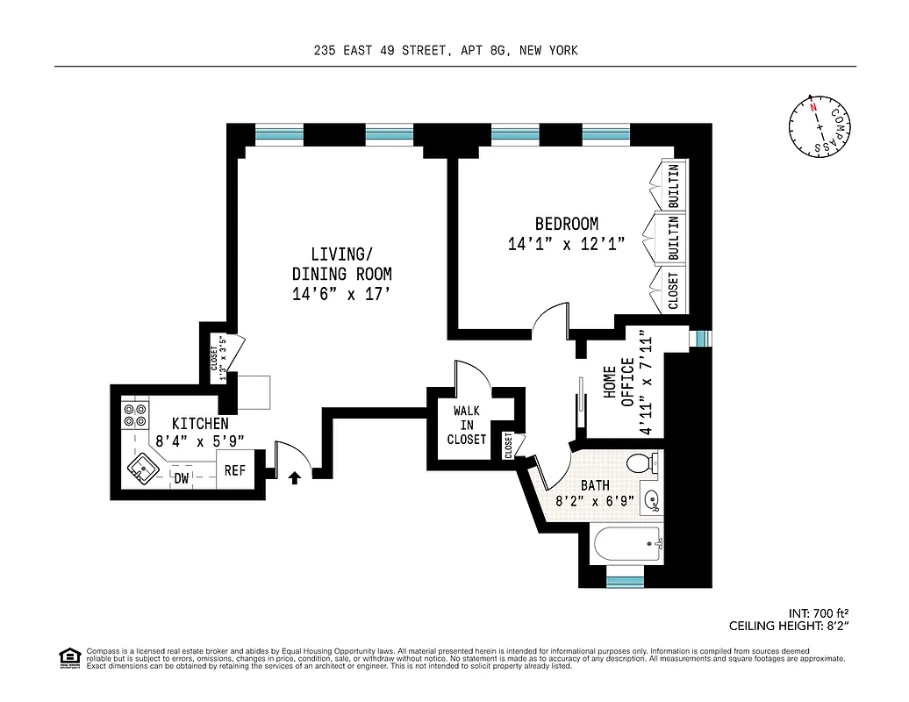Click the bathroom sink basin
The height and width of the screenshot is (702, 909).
(x=650, y=501)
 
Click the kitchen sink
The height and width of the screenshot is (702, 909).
(x=140, y=471)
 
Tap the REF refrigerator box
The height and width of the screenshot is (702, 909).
(x=235, y=470)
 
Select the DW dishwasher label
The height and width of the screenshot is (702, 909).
(x=182, y=478)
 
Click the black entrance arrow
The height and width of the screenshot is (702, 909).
(x=295, y=477)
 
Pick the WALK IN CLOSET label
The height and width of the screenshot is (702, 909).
(x=467, y=425)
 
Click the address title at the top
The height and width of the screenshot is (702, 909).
(x=446, y=51)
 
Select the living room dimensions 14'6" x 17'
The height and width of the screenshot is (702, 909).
(x=341, y=295)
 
